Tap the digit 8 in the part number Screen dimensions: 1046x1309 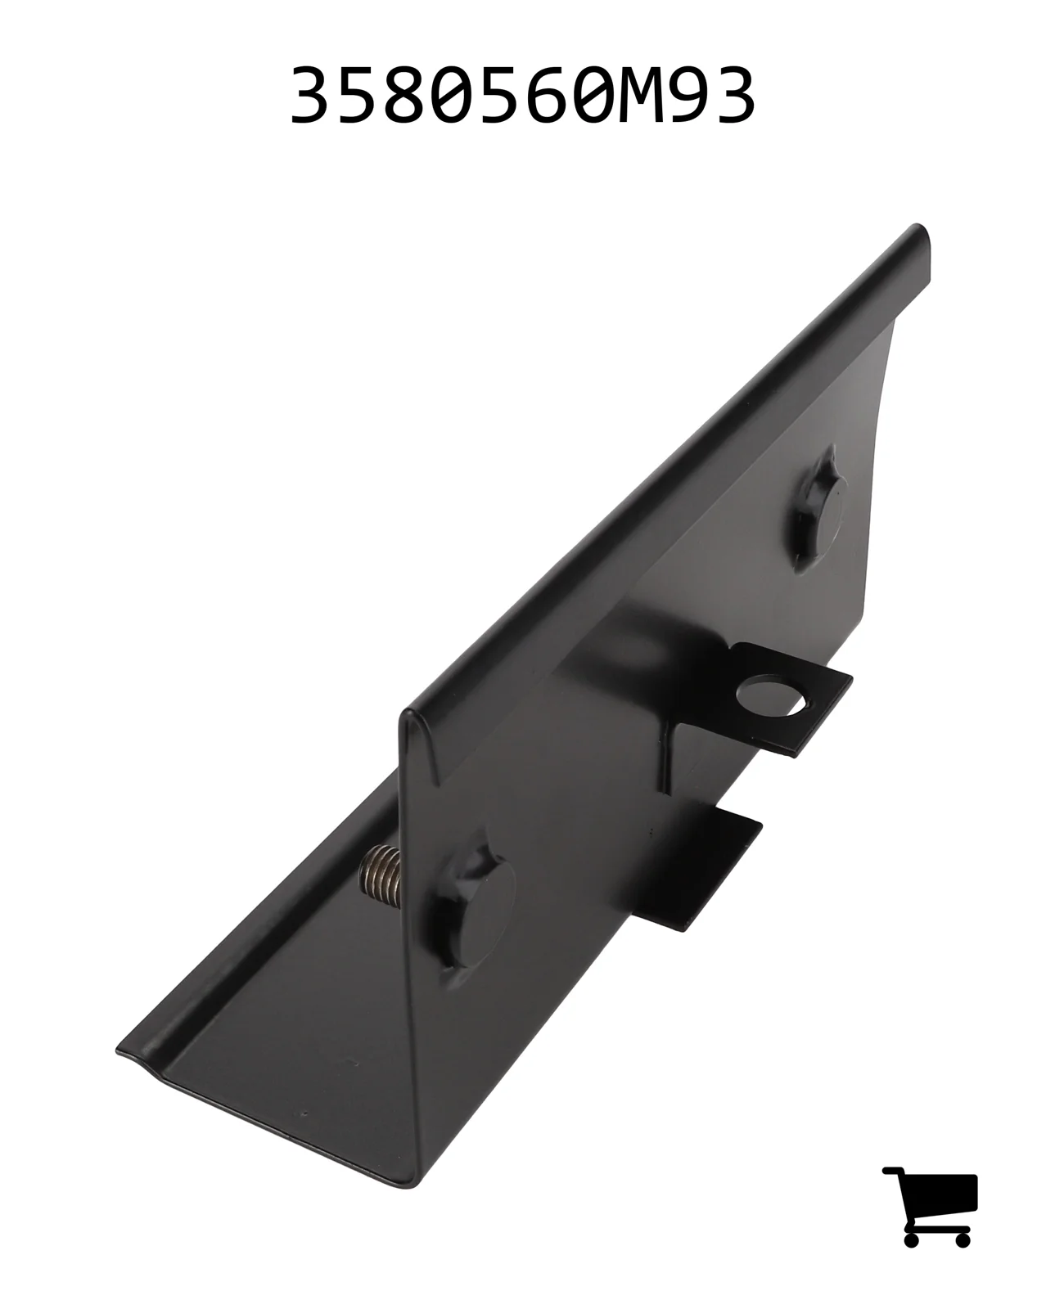click(x=407, y=95)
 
